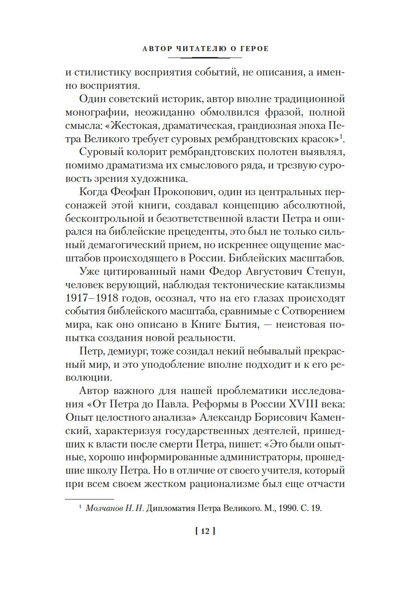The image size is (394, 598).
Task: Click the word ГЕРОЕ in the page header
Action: pyautogui.click(x=252, y=48)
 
